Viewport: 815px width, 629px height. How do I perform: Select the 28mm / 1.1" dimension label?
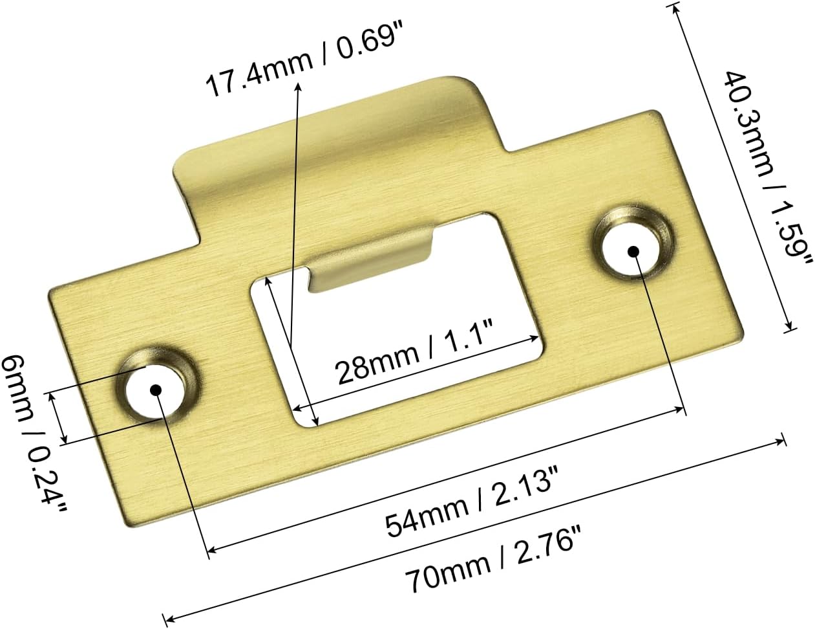(x=414, y=353)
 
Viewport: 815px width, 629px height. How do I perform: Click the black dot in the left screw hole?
(x=156, y=390)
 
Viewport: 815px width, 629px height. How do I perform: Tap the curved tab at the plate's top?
(x=336, y=136)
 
